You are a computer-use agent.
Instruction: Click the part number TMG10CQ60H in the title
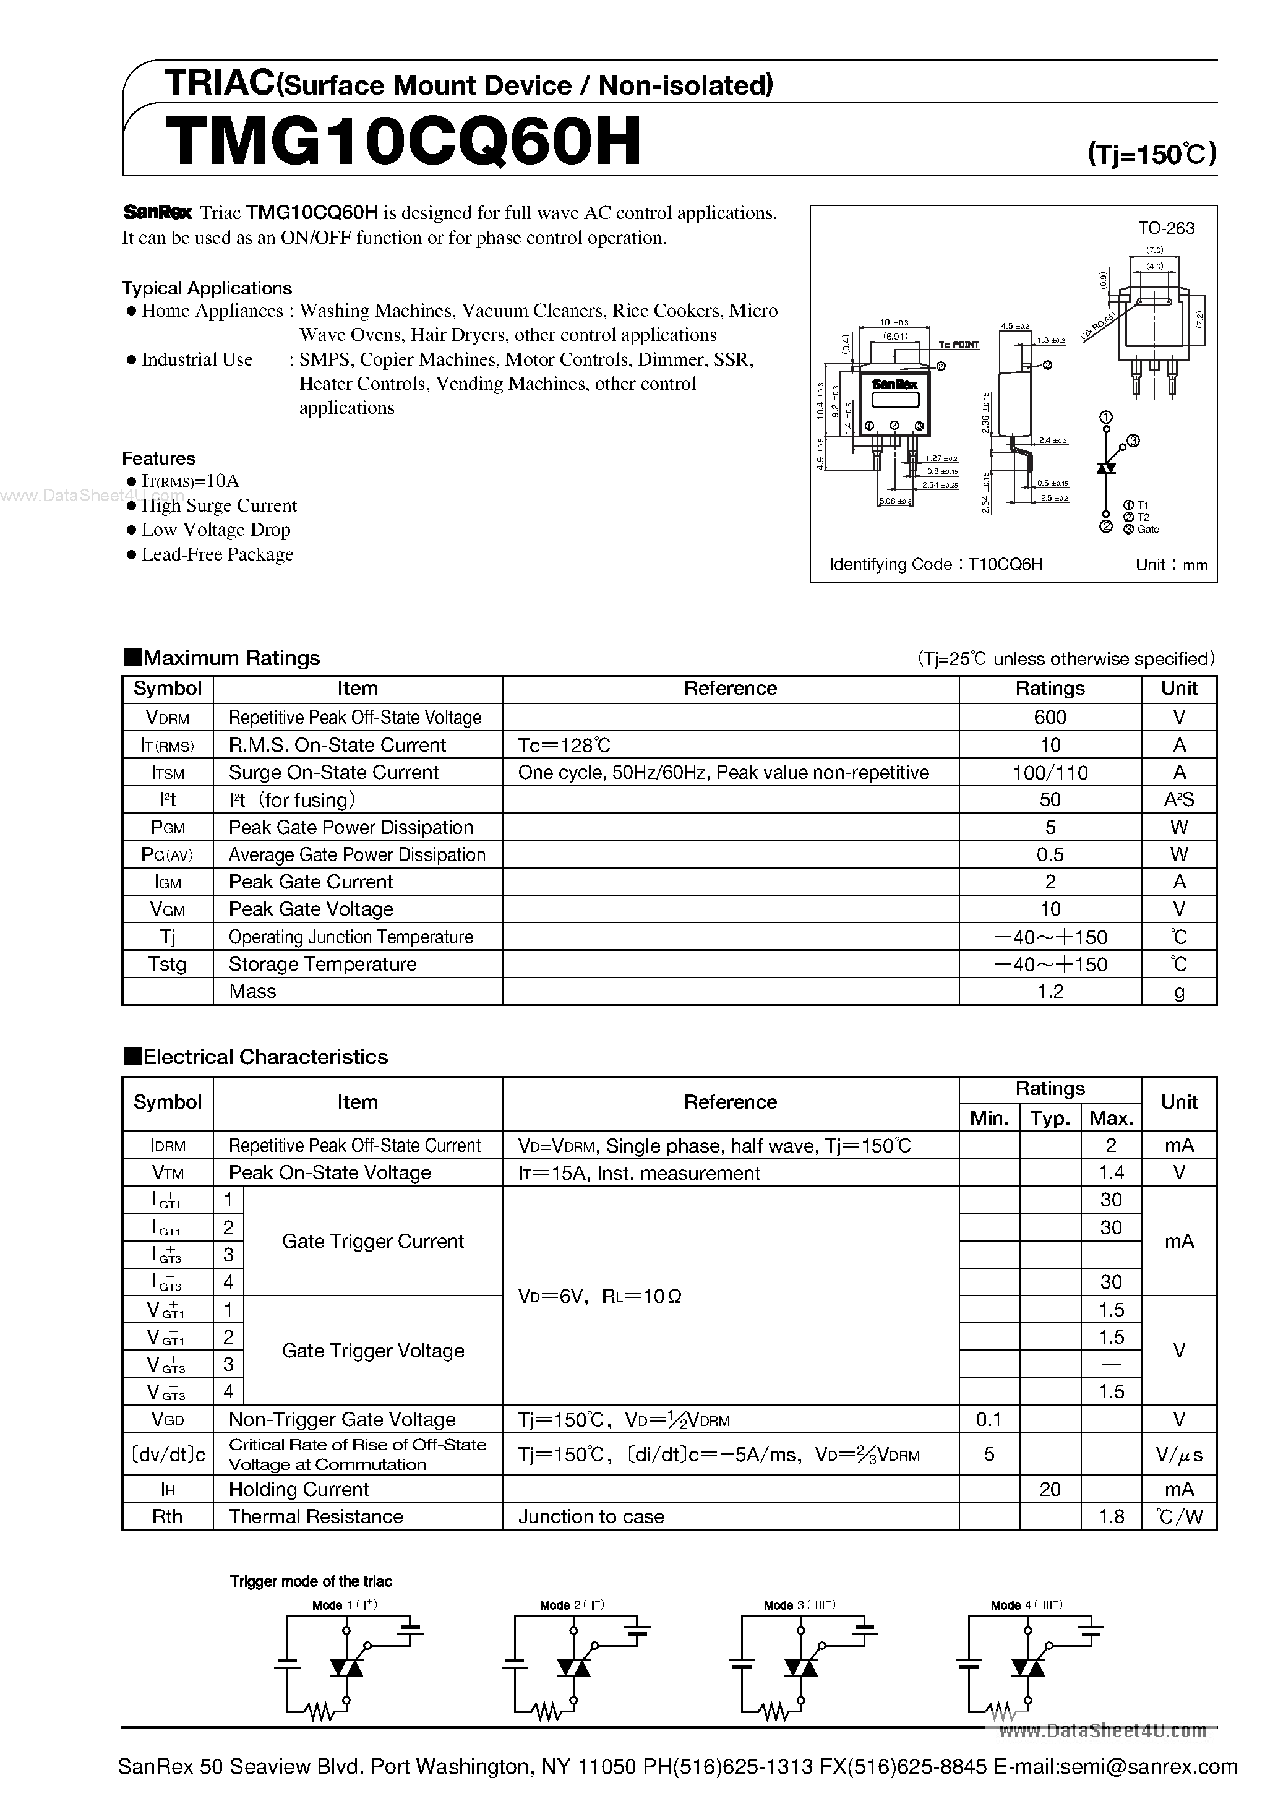tap(403, 142)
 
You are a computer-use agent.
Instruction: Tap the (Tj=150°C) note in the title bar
tap(1151, 153)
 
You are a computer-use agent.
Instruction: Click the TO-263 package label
tap(1165, 228)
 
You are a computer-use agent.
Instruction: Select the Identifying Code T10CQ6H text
tap(935, 564)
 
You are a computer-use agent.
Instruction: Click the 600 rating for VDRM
tap(1050, 717)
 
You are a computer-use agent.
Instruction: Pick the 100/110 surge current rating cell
tap(1050, 772)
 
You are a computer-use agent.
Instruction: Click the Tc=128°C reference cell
tap(564, 744)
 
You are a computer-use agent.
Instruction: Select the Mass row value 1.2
tap(1050, 991)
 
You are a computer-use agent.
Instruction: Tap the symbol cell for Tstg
tap(167, 965)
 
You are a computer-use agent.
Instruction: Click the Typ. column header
tap(1050, 1118)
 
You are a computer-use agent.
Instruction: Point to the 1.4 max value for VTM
tap(1110, 1172)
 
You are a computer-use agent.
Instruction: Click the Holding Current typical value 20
tap(1050, 1489)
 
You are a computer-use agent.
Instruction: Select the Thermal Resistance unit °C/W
tap(1179, 1517)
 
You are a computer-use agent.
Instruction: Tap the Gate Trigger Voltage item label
tap(372, 1351)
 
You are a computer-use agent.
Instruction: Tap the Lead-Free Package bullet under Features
tap(217, 555)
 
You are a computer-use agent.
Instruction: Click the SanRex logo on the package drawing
tap(894, 384)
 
